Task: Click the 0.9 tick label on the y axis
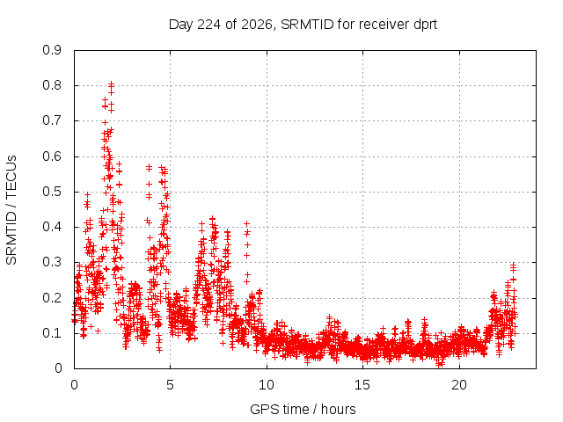[x=52, y=50]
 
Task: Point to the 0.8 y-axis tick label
[x=52, y=86]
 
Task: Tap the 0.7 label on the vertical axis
[x=52, y=121]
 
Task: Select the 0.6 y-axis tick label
[x=52, y=156]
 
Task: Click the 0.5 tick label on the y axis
[x=52, y=192]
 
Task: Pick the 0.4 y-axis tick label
[x=52, y=227]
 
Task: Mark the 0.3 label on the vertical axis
[x=52, y=262]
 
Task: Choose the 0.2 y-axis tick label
[x=52, y=298]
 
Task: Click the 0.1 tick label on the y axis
[x=52, y=333]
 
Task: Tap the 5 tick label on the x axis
[x=170, y=385]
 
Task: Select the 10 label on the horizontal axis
[x=267, y=385]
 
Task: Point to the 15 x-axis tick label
[x=362, y=385]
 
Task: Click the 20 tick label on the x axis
[x=459, y=385]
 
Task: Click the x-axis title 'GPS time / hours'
[x=303, y=410]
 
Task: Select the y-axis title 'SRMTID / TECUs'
[x=11, y=210]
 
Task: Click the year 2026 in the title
[x=257, y=25]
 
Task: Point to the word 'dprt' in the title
[x=426, y=25]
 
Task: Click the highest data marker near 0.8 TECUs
[x=112, y=84]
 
